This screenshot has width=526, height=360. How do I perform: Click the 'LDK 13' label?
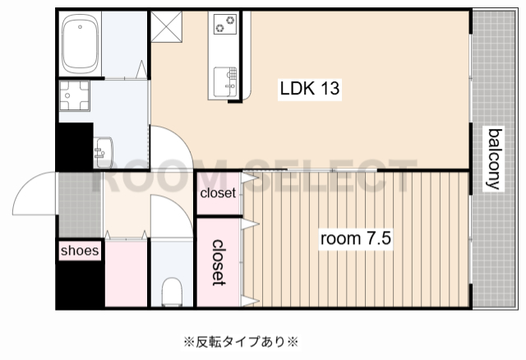click(310, 87)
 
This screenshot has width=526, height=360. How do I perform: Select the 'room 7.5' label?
click(355, 239)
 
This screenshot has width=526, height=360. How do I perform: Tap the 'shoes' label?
click(80, 250)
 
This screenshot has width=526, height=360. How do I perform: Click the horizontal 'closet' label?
click(218, 194)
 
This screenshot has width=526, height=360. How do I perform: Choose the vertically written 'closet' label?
click(219, 262)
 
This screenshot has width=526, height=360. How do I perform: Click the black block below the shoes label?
click(80, 284)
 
